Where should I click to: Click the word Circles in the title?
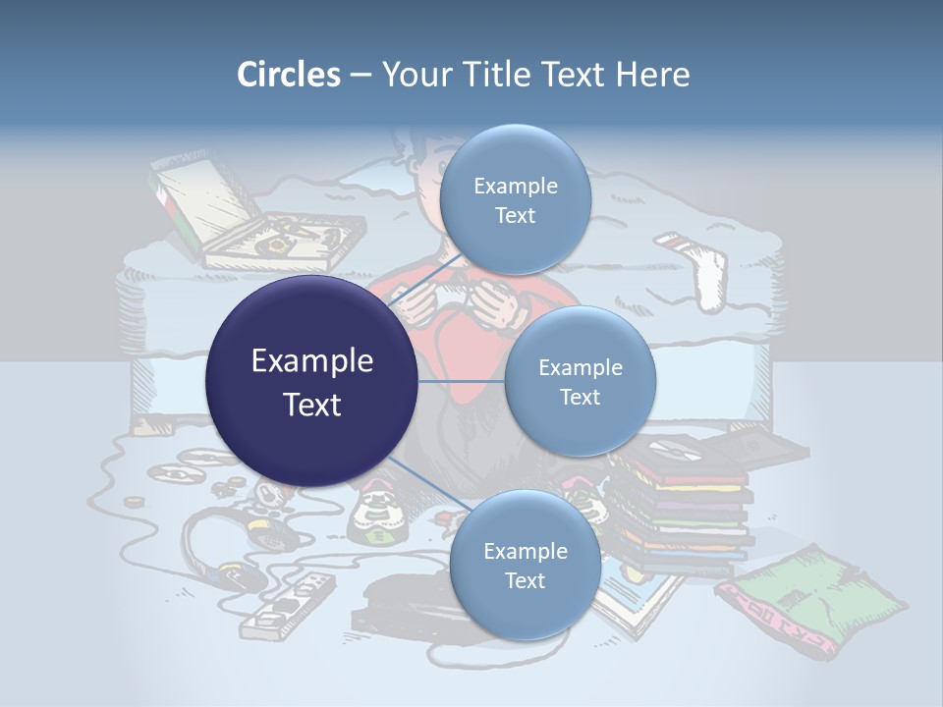pos(288,75)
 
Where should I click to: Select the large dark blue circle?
pos(311,381)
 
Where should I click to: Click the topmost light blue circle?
pos(515,200)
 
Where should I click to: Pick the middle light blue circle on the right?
pos(580,382)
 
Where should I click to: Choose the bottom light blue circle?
pos(525,566)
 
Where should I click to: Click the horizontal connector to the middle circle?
pos(462,381)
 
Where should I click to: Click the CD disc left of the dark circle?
pos(177,474)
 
